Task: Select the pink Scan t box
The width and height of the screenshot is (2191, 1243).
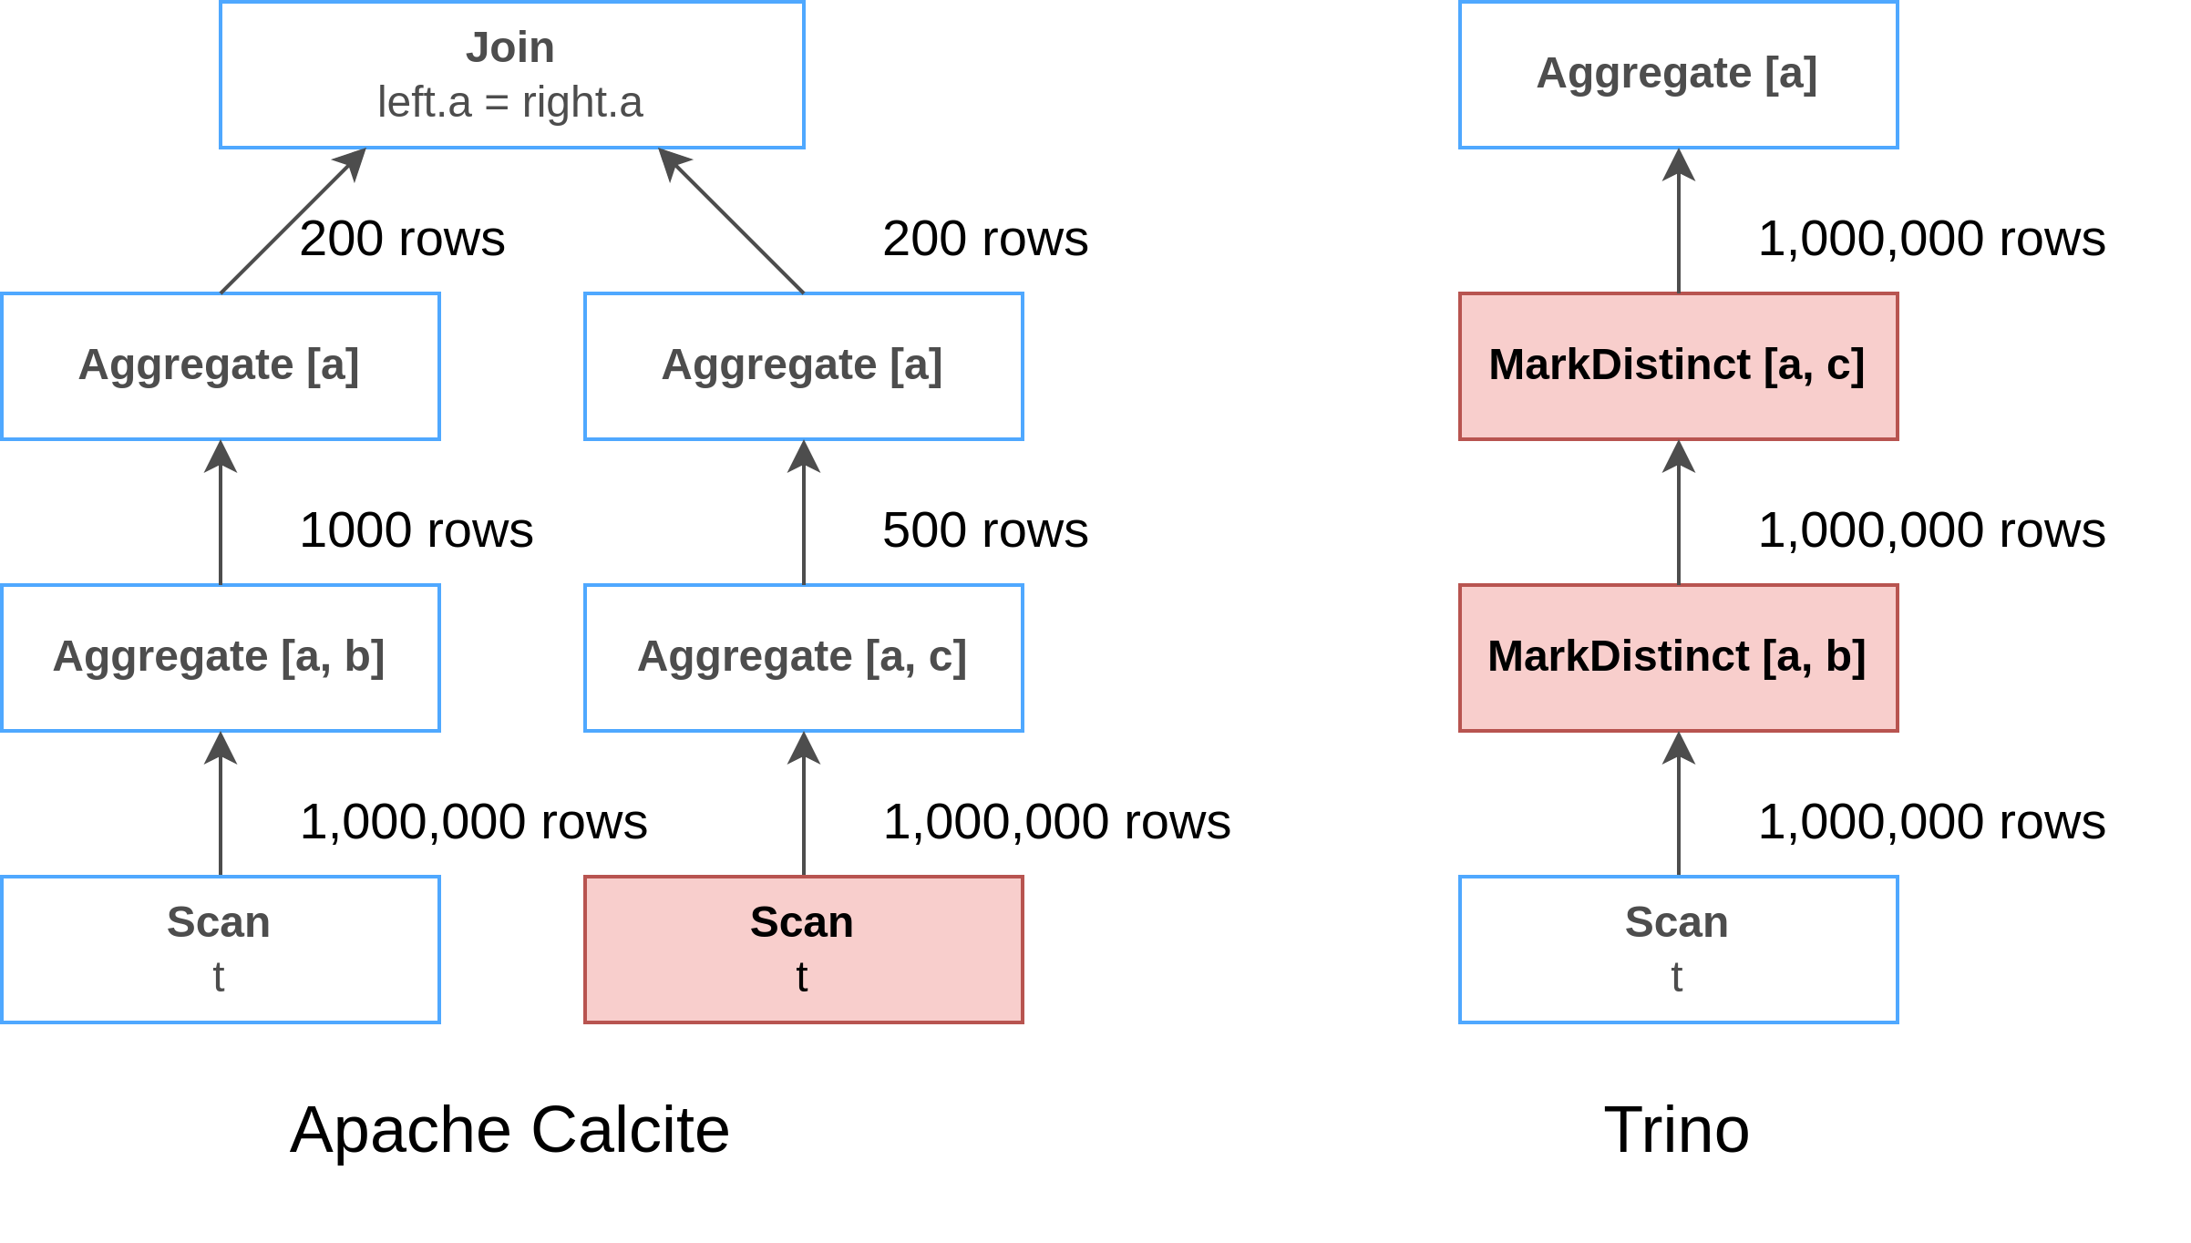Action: (803, 949)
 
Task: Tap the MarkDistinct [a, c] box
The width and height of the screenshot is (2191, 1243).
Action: (1678, 365)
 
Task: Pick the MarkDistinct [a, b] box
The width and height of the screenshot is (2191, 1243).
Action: (1678, 657)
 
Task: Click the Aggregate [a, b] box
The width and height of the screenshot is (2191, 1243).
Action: (220, 657)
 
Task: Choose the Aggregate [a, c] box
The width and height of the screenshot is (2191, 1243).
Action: (803, 657)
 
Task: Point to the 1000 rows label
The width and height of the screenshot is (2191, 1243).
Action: (416, 530)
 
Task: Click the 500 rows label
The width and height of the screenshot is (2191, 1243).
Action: (984, 530)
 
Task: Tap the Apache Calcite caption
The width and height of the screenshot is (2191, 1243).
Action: (509, 1130)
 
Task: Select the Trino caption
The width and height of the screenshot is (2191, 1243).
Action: (1676, 1130)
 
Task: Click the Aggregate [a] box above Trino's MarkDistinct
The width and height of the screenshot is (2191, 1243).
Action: (1678, 74)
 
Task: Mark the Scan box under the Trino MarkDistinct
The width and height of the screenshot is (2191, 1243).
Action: (1678, 949)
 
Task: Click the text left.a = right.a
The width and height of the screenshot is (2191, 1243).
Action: (509, 102)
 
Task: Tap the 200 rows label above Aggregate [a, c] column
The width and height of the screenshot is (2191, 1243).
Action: (984, 239)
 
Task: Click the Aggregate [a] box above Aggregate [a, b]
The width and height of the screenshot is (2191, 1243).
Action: (220, 365)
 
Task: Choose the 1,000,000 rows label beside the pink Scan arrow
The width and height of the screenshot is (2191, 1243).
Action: (1055, 822)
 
